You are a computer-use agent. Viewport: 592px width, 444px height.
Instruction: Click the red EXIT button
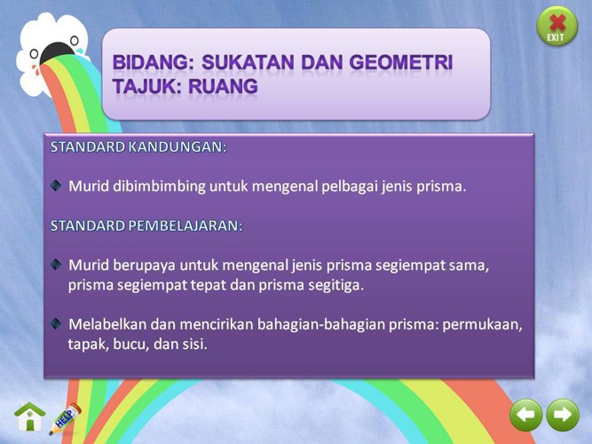pyautogui.click(x=556, y=26)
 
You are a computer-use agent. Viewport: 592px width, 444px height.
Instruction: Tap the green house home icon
pyautogui.click(x=29, y=416)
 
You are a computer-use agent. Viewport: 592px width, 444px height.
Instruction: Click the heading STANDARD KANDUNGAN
pyautogui.click(x=138, y=147)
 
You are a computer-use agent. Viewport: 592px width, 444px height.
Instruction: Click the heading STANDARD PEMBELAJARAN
pyautogui.click(x=146, y=226)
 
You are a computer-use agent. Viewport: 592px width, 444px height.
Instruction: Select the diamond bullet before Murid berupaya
pyautogui.click(x=56, y=265)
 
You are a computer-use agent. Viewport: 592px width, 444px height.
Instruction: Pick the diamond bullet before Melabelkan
pyautogui.click(x=56, y=323)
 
